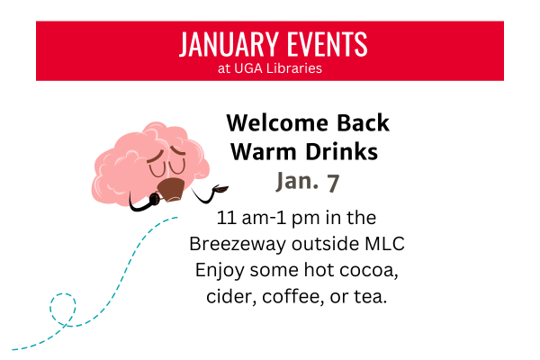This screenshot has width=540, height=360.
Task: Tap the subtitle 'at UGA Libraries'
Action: (269, 67)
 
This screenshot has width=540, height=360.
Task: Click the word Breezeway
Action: (234, 244)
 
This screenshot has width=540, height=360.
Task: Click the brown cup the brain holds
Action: (171, 189)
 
